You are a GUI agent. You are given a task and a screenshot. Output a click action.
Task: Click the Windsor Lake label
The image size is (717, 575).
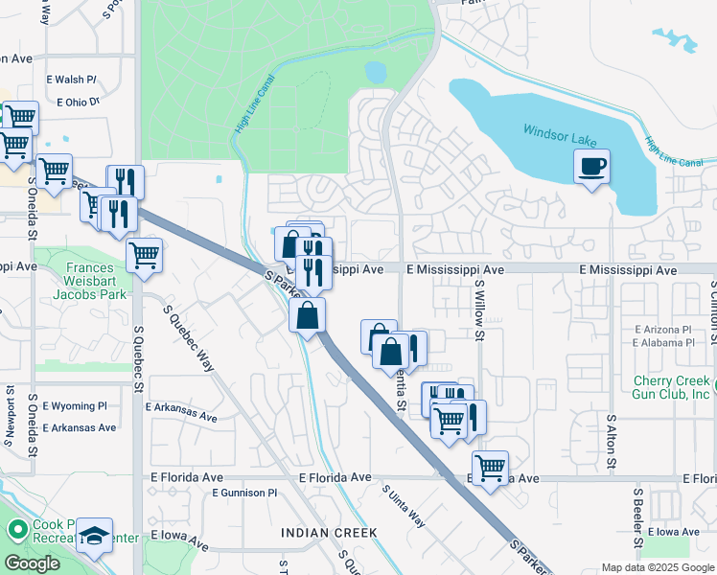(561, 137)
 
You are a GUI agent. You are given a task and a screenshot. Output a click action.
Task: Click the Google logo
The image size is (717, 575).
(32, 563)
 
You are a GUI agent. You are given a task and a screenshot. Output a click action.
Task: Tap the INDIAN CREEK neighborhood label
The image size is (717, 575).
(329, 532)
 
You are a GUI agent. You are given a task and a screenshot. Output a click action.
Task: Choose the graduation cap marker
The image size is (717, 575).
(95, 536)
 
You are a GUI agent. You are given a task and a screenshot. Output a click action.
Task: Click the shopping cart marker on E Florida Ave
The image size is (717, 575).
(490, 468)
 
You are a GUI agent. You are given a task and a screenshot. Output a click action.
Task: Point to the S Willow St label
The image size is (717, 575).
(479, 310)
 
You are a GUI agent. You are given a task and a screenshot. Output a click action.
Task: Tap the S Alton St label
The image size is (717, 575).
(610, 442)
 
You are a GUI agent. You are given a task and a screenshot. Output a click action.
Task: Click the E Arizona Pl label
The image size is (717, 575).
(663, 329)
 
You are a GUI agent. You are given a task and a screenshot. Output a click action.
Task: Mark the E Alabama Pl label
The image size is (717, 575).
(663, 342)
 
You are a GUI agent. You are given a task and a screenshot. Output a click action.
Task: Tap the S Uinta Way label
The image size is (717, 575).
(404, 505)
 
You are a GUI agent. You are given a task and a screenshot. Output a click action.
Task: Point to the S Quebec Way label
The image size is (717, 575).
(190, 342)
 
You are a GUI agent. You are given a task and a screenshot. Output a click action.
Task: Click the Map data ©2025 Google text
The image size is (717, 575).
(657, 567)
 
